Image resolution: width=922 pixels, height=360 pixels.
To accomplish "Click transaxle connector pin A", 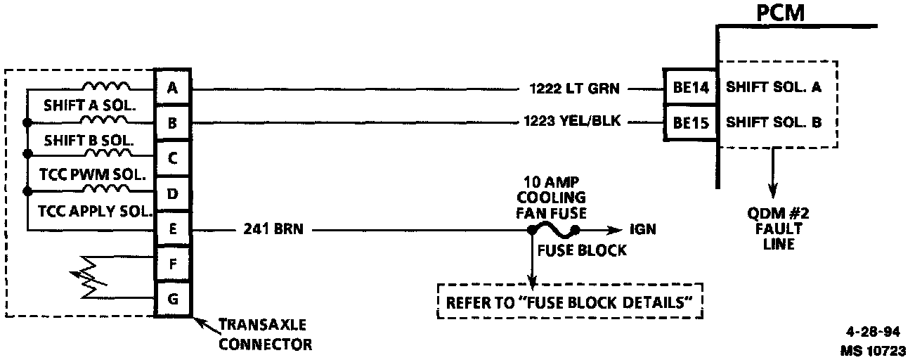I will coord(172,88).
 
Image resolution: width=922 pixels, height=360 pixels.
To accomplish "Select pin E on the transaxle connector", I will coord(172,229).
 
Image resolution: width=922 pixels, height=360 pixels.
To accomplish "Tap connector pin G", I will coord(172,300).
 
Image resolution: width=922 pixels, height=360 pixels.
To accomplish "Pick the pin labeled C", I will coord(172,158).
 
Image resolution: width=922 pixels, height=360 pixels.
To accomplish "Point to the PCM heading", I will coord(780,13).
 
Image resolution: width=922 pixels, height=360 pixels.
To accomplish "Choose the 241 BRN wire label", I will coord(273,229).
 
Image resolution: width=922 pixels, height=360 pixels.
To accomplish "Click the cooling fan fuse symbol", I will coord(554,229).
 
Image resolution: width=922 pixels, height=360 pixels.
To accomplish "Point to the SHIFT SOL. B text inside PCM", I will coord(773,122).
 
